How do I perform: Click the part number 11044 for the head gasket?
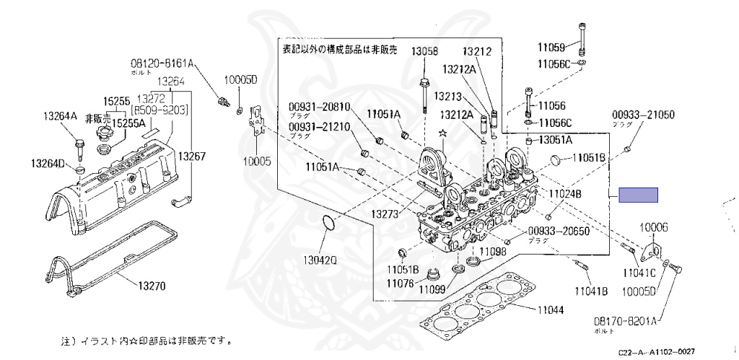point(551,309)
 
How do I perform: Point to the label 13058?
point(425,51)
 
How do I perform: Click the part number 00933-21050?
point(644,115)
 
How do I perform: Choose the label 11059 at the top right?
point(550,48)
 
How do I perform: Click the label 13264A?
point(61,115)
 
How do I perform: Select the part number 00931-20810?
point(320,106)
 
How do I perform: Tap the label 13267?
point(193,155)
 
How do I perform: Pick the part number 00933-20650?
point(559,232)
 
